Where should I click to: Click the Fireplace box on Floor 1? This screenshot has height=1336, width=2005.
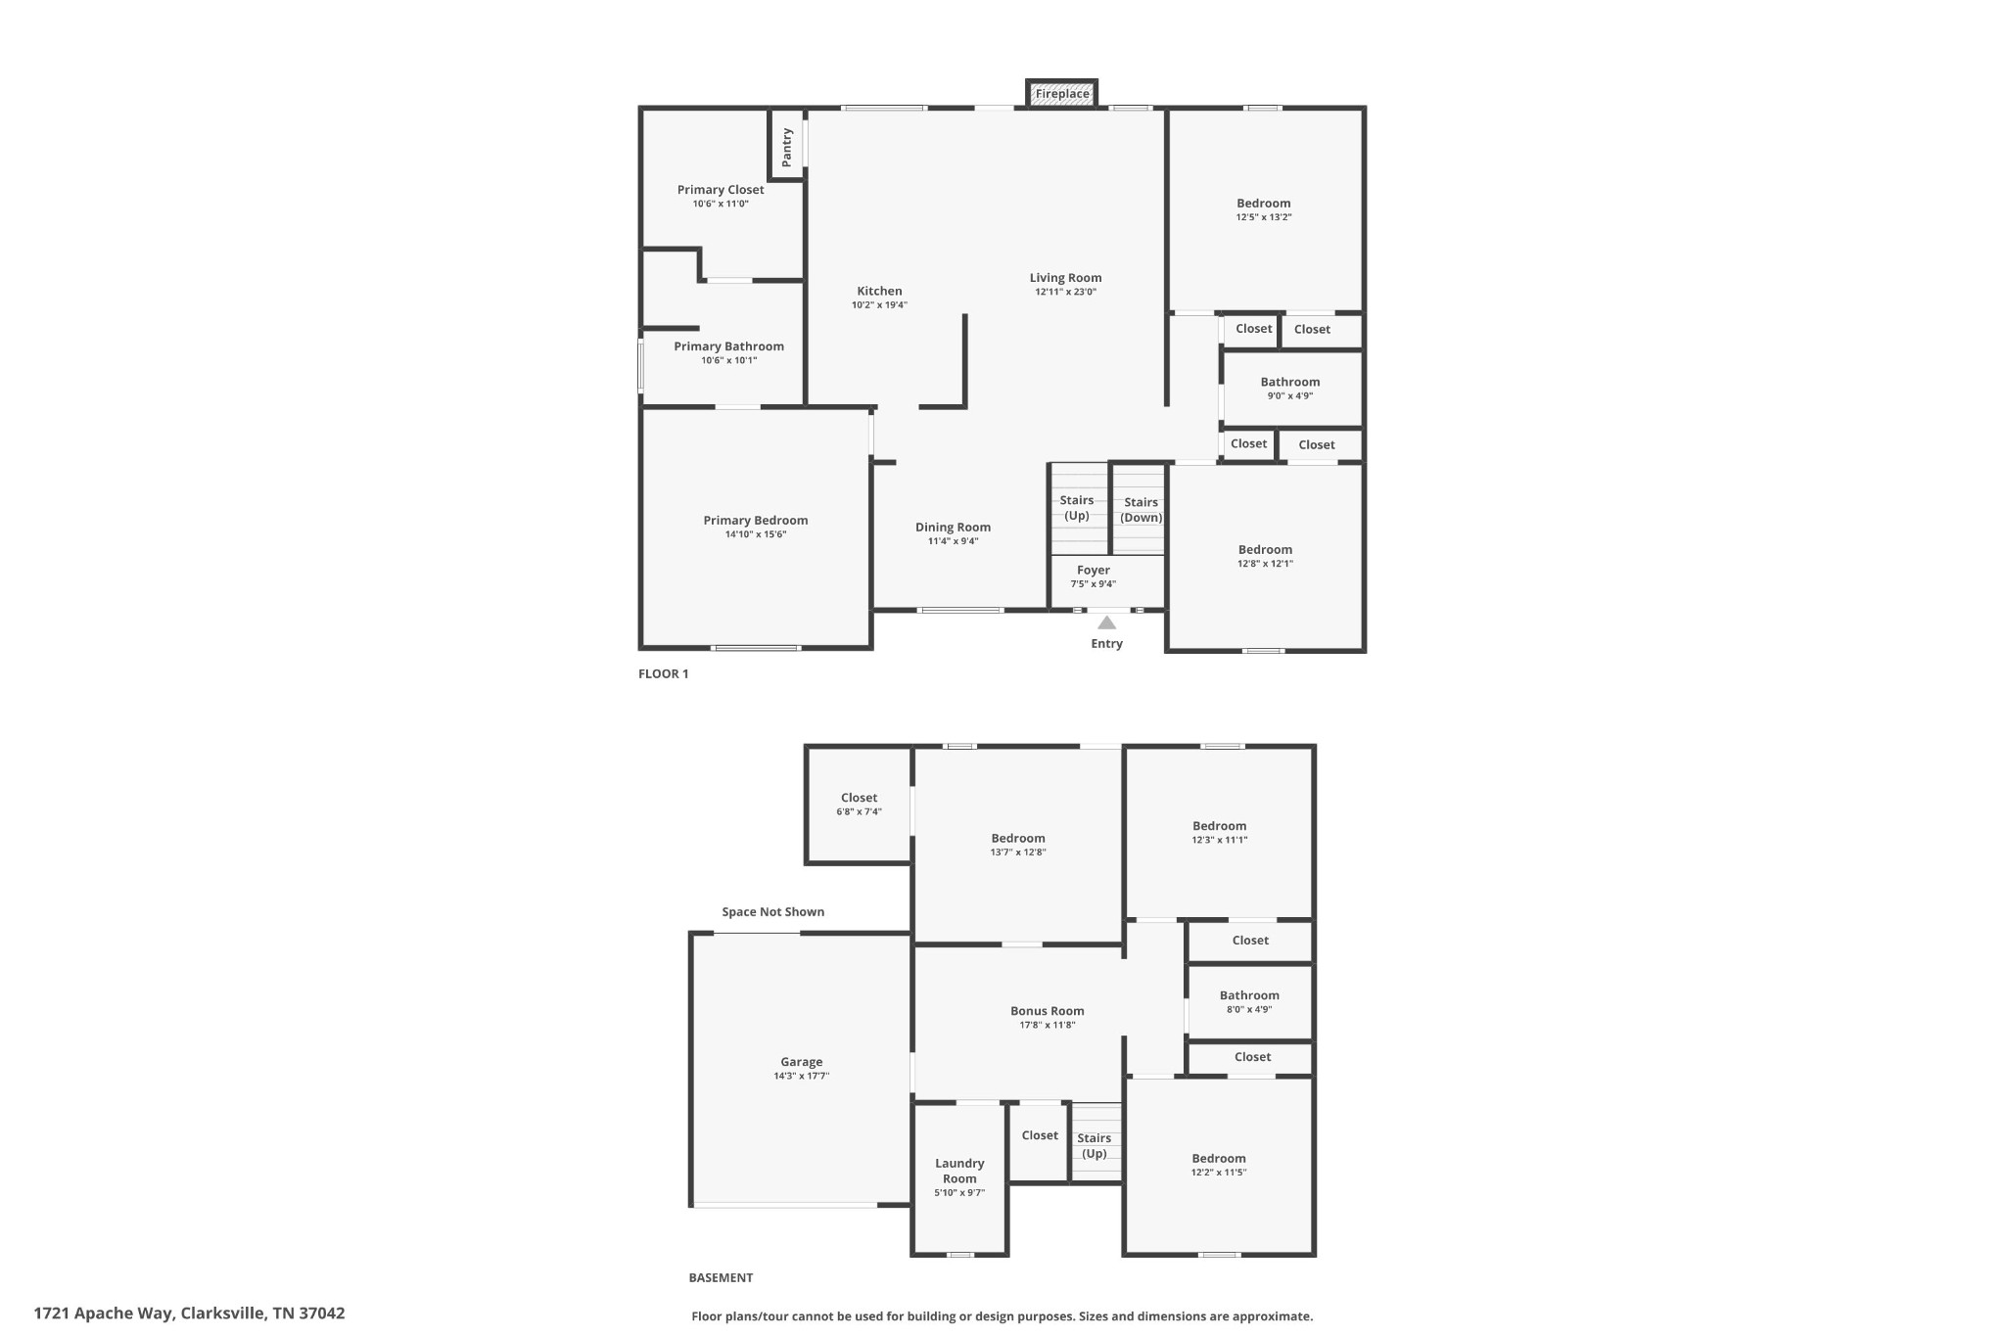[1062, 94]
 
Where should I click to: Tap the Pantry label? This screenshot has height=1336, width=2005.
[786, 147]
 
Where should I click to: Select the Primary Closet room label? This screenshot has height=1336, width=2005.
[721, 190]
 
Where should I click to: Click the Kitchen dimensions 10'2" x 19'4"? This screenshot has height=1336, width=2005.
[879, 305]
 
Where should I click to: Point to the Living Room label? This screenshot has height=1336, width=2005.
[1065, 278]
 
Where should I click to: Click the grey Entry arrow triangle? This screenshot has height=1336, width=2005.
[1106, 622]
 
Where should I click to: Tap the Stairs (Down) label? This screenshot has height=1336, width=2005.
[1142, 510]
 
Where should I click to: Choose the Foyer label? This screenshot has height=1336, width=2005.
[1094, 570]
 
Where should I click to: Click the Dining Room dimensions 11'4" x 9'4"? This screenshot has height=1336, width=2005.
[953, 541]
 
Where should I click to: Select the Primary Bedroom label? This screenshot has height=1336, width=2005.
[756, 521]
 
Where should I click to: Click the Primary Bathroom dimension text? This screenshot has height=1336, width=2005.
[728, 360]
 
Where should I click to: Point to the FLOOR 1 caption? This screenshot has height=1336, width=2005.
[664, 673]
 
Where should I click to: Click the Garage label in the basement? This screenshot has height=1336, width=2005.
[801, 1062]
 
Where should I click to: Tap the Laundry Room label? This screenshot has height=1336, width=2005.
[959, 1171]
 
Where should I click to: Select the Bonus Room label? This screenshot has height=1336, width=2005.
[1048, 1011]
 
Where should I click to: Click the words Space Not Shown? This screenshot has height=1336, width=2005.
[773, 912]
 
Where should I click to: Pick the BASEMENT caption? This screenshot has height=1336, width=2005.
[721, 1277]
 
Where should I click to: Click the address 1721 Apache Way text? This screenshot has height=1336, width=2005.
[104, 1313]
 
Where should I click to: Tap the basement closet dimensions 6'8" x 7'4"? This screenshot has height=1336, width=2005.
[859, 811]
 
